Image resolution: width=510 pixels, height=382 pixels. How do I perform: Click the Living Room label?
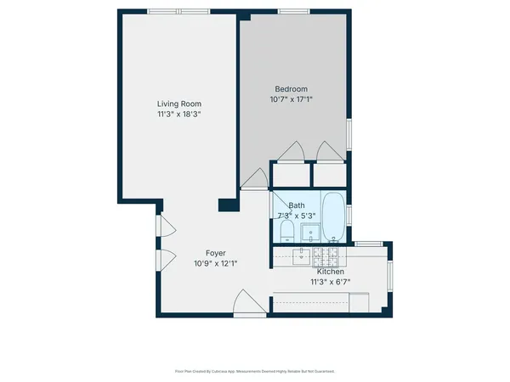tap(178, 104)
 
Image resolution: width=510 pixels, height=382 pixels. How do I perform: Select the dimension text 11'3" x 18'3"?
tap(178, 114)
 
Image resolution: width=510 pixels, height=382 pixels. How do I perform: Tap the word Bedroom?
tap(291, 89)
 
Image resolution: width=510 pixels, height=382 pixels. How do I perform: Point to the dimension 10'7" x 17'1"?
tap(291, 99)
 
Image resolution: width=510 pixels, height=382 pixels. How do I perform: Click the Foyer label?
tap(216, 253)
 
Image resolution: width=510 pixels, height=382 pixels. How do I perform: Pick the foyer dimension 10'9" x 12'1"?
tap(216, 263)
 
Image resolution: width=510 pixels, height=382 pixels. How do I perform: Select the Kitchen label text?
tap(331, 272)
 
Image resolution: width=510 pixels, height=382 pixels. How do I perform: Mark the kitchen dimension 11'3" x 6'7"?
tap(331, 282)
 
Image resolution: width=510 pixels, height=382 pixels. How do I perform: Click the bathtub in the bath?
tap(333, 216)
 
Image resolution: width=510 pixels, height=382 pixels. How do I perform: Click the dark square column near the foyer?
tap(227, 205)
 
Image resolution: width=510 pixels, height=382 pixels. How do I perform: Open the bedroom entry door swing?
tap(253, 178)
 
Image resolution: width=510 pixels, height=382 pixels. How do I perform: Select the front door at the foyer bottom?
tap(245, 301)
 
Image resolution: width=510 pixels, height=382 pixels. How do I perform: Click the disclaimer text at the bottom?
tap(254, 371)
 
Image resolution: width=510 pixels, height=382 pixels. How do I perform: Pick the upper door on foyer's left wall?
tap(167, 227)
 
